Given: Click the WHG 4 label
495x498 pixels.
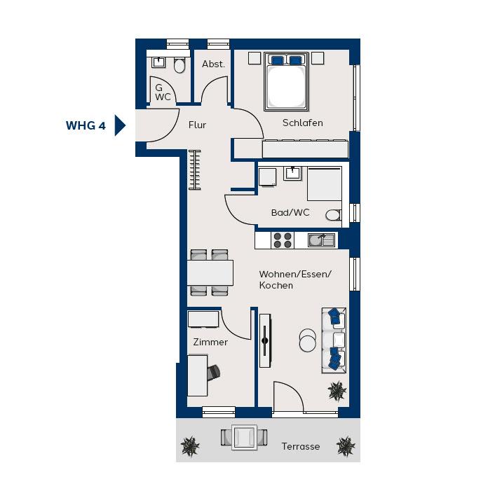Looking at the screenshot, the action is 86,125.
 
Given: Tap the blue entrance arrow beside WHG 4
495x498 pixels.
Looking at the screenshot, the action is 119,125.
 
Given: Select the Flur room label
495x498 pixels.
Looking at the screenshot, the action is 197,125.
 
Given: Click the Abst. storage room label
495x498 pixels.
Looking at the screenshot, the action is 213,64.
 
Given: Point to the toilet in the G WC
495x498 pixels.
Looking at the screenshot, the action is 179,65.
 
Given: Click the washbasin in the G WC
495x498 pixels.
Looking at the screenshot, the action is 158,62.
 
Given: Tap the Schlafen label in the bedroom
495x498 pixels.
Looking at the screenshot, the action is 303,123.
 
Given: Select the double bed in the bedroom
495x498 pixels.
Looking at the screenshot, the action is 286,82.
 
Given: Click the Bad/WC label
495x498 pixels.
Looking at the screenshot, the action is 290,212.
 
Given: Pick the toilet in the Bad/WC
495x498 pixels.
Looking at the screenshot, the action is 333,215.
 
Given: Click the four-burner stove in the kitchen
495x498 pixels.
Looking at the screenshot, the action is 283,240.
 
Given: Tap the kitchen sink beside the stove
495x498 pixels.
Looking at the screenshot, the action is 321,240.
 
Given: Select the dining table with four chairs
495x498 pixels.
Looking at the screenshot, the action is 210,272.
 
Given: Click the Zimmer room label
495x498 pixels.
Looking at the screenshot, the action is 210,342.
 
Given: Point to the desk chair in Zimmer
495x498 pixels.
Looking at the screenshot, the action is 214,372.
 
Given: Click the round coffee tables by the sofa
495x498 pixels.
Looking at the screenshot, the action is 308,340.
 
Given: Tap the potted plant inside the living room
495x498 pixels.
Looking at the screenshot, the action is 337,391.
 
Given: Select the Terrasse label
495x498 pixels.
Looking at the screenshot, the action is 300,447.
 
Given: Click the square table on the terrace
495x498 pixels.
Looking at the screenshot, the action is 244,437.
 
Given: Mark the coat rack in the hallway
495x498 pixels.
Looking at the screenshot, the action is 195,170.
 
